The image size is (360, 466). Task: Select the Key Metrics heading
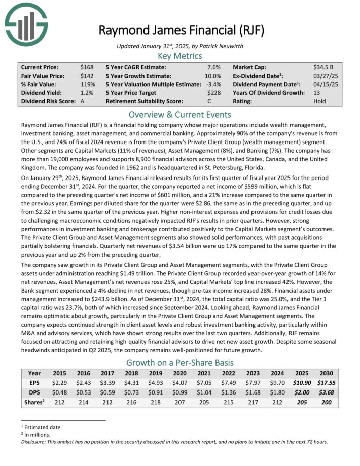click(179, 56)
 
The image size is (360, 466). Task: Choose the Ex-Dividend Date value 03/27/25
click(327, 76)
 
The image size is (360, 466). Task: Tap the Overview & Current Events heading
click(179, 114)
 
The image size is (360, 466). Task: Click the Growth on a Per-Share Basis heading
click(179, 363)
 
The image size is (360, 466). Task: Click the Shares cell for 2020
click(174, 403)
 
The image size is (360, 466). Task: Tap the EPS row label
click(34, 383)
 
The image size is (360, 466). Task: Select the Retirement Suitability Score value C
click(216, 101)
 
